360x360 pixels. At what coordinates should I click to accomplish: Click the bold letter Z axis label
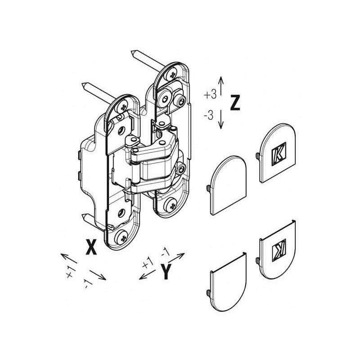(235, 103)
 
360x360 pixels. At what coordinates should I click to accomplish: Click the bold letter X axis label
(91, 247)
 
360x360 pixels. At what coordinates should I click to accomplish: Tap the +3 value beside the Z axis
(210, 94)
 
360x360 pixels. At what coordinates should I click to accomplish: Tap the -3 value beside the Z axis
(209, 116)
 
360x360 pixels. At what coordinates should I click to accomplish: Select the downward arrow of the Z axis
(220, 119)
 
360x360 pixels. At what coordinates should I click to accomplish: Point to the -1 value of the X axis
(87, 284)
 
